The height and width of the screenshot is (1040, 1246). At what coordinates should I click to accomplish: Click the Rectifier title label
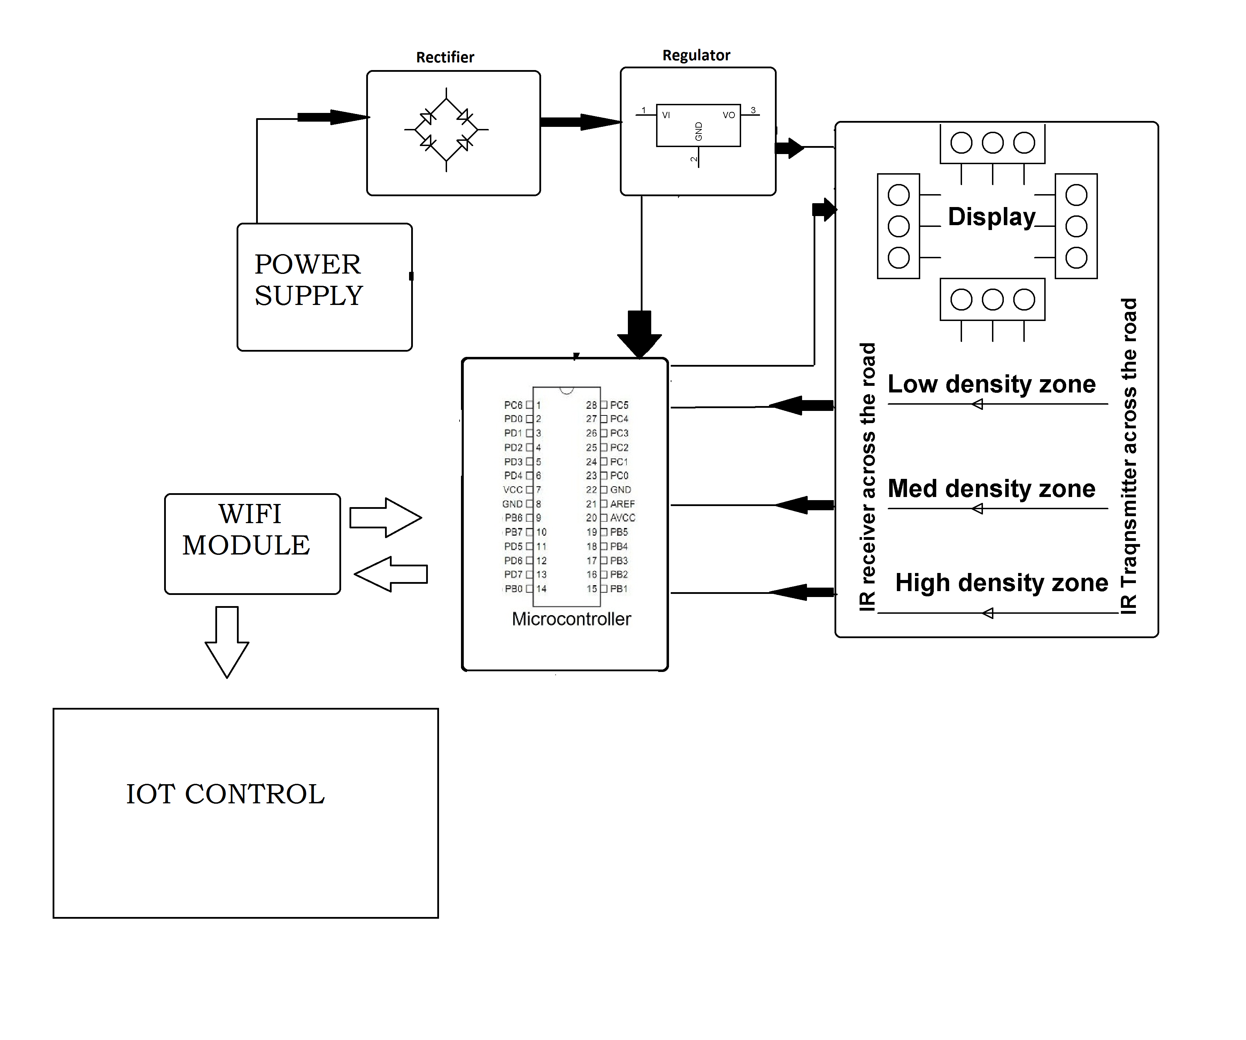pyautogui.click(x=445, y=57)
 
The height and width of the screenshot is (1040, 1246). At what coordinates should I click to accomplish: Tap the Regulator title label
pyautogui.click(x=696, y=55)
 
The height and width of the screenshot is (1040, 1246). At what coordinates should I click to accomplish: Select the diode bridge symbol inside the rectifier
pyautogui.click(x=446, y=129)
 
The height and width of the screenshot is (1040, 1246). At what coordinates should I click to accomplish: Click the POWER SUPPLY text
pyautogui.click(x=308, y=280)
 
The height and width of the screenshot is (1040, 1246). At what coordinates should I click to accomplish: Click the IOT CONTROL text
pyautogui.click(x=225, y=794)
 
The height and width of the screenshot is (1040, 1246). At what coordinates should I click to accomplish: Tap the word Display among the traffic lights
pyautogui.click(x=991, y=217)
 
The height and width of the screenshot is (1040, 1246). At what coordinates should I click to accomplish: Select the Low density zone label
pyautogui.click(x=991, y=384)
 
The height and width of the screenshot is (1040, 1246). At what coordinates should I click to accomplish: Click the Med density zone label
pyautogui.click(x=991, y=489)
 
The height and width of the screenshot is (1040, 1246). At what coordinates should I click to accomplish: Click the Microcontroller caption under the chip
pyautogui.click(x=571, y=619)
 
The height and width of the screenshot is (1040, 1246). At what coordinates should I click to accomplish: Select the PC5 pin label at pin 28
pyautogui.click(x=619, y=405)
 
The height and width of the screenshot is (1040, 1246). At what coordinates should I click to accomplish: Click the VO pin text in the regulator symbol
pyautogui.click(x=729, y=115)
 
